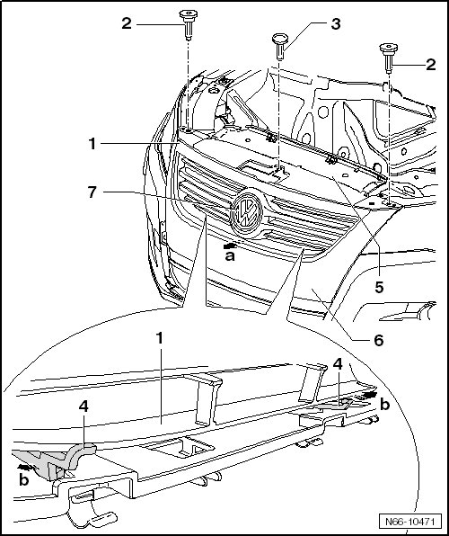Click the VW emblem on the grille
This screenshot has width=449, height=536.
point(246,212)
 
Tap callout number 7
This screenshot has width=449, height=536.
point(92,192)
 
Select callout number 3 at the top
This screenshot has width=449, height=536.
point(335,24)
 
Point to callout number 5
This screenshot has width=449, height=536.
point(379,287)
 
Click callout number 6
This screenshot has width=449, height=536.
point(379,340)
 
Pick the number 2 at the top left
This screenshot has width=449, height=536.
point(127,23)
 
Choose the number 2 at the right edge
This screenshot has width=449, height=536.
point(431,64)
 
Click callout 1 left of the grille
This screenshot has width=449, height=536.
point(92,144)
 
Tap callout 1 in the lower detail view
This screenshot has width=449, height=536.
point(160,338)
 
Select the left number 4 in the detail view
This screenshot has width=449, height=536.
point(84,406)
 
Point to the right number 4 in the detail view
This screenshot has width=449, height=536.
point(338,364)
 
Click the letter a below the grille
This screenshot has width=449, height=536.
point(230,256)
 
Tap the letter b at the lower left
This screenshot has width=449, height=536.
point(23,480)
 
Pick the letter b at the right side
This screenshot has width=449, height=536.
point(384,405)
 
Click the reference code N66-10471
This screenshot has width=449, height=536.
point(409,522)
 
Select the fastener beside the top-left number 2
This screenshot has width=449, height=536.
point(189,24)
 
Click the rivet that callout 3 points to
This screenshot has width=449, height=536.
point(280,47)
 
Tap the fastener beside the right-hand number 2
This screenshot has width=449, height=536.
point(389,58)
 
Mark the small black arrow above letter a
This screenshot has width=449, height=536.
point(230,246)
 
